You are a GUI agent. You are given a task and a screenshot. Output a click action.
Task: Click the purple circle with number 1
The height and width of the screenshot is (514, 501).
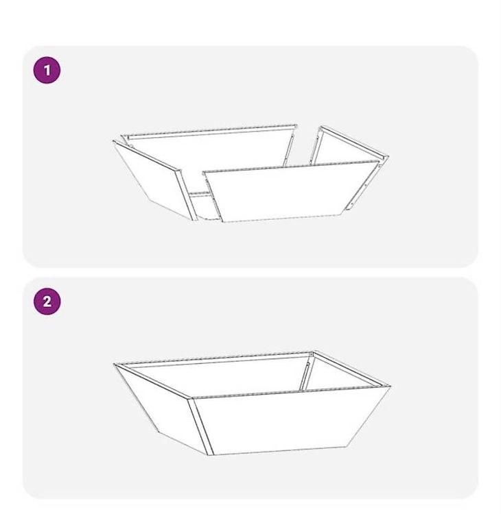tap(47, 70)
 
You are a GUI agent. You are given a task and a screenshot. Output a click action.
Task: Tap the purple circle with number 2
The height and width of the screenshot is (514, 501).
tap(47, 302)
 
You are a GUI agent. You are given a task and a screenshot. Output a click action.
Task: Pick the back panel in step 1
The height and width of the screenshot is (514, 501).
tap(210, 147)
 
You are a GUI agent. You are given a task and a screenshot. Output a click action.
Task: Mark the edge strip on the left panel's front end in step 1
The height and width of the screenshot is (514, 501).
tap(187, 195)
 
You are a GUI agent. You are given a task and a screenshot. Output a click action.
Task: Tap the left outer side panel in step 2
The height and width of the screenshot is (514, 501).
tap(158, 406)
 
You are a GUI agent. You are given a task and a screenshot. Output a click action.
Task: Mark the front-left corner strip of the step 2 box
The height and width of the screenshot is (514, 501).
tap(200, 426)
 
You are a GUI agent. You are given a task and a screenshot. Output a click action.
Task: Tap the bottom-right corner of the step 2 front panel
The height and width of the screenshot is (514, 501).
tap(347, 446)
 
